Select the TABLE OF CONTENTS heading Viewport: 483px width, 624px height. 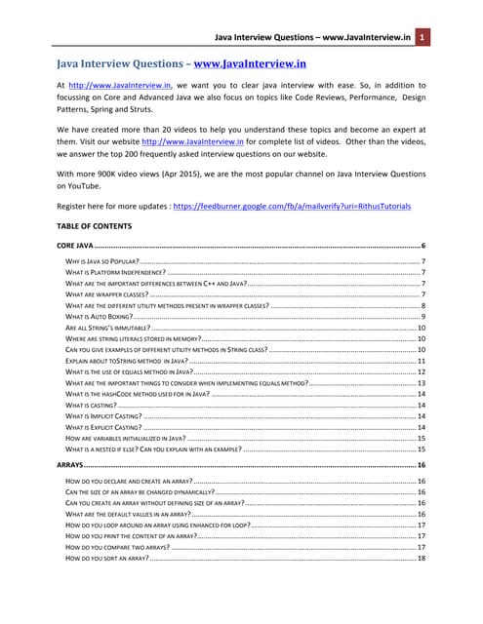tap(98, 225)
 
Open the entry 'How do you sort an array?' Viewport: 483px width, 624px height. tap(106, 559)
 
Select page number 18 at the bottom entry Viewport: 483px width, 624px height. tap(421, 559)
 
